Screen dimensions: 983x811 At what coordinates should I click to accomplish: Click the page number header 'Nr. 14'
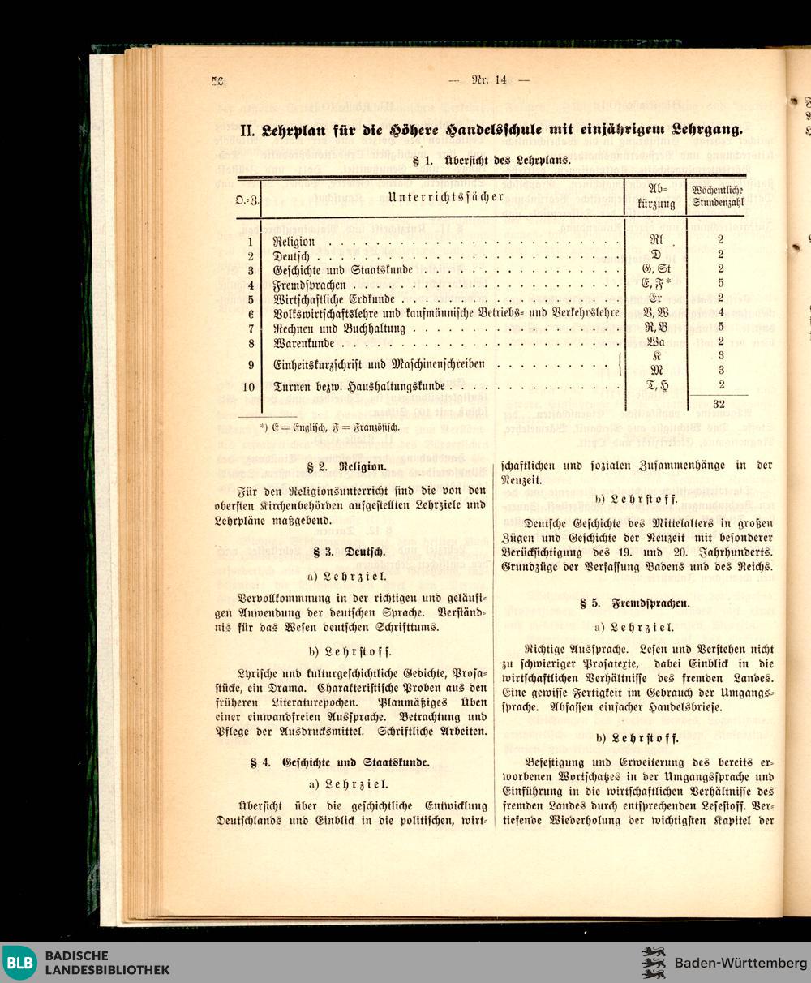pos(489,79)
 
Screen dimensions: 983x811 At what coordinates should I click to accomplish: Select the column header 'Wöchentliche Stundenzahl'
pos(717,196)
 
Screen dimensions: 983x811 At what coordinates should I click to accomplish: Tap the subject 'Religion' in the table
pos(294,242)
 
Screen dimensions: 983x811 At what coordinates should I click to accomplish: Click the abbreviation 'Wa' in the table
pos(655,342)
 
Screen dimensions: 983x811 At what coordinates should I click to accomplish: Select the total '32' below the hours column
pos(718,403)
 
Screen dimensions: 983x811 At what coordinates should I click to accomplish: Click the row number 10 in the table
pos(251,386)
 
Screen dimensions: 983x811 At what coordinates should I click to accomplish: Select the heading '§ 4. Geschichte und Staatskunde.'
pos(350,762)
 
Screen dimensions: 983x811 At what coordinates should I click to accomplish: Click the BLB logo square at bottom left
pos(19,963)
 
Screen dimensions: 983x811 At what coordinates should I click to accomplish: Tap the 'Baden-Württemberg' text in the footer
pos(740,963)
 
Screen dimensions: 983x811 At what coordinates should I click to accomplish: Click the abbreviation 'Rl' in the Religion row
pos(655,241)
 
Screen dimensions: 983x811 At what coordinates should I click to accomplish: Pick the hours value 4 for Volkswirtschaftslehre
pos(720,312)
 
